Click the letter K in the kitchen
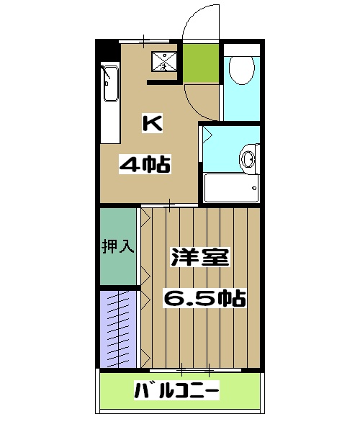point(152,124)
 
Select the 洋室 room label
point(200,258)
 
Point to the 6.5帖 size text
point(204,297)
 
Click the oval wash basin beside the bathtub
point(248,156)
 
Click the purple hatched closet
point(117,328)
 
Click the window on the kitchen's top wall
point(144,40)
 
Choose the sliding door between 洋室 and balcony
point(196,372)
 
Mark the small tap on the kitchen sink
point(108,71)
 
